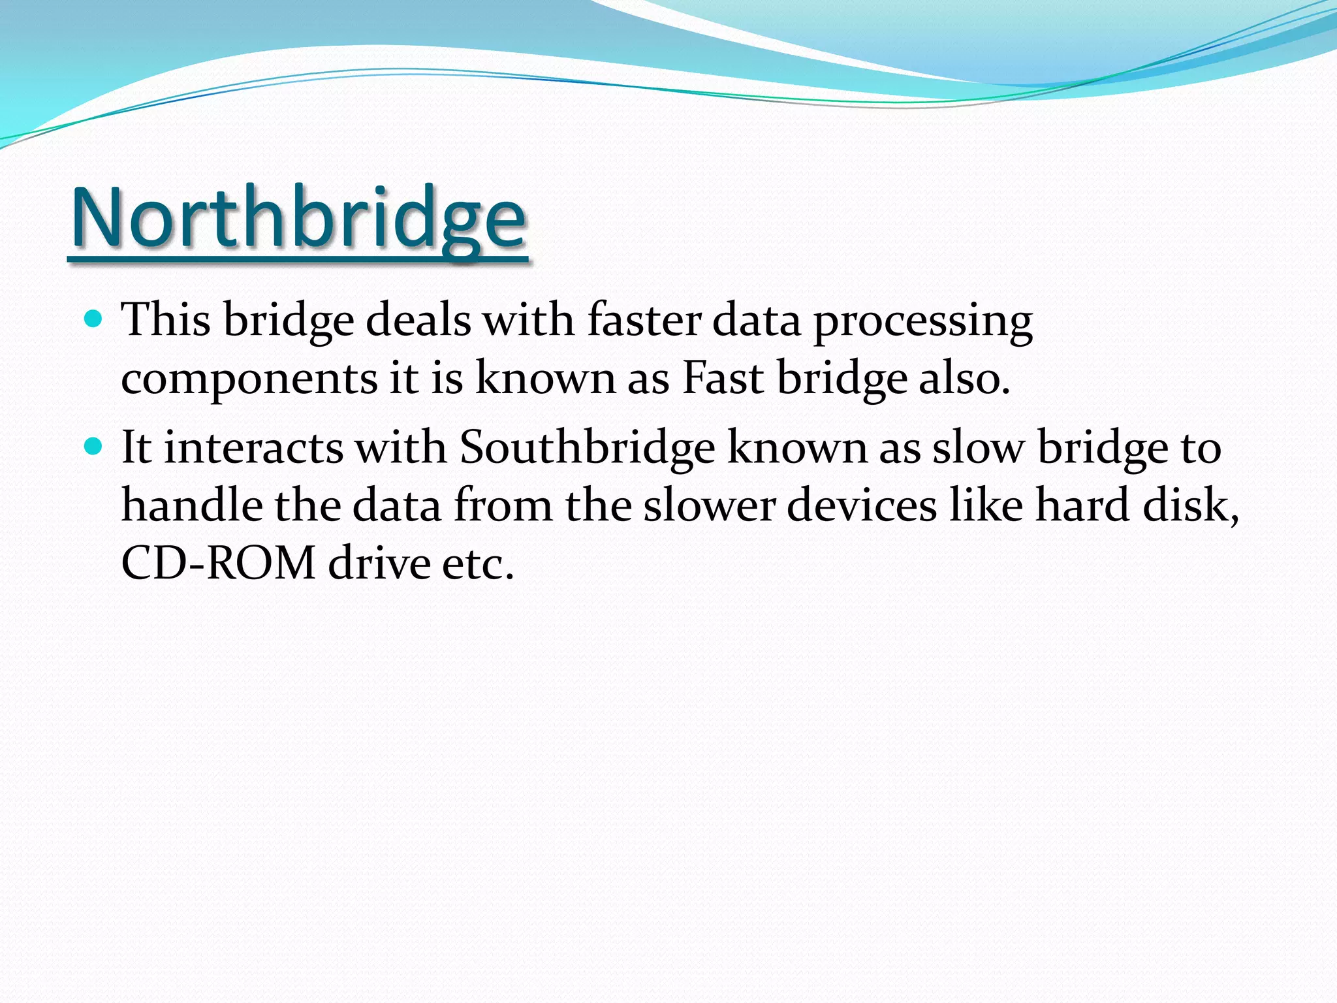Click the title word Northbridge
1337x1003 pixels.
(x=298, y=217)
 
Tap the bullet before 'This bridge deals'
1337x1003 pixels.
(x=94, y=319)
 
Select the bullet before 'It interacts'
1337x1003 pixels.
(x=94, y=447)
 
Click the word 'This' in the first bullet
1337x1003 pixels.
(x=166, y=320)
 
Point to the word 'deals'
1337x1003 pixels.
(x=418, y=320)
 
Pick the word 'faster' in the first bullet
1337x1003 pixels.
(x=644, y=320)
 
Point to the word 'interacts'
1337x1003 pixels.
(x=253, y=448)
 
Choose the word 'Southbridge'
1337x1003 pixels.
(x=587, y=449)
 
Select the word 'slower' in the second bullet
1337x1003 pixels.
(x=710, y=505)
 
